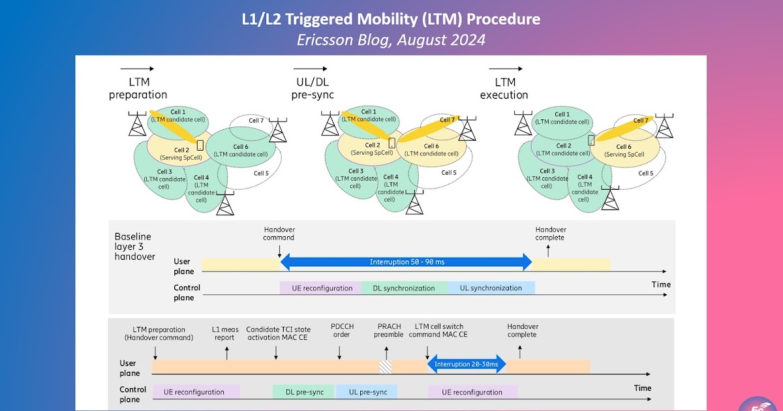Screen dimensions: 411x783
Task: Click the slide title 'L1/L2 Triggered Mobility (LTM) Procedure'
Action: pyautogui.click(x=391, y=19)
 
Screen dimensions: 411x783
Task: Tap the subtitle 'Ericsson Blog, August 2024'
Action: pyautogui.click(x=391, y=39)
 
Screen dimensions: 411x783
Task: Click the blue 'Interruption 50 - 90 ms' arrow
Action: pyautogui.click(x=406, y=262)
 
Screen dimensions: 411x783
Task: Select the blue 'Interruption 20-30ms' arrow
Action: pyautogui.click(x=467, y=364)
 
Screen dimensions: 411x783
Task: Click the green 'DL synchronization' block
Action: pyautogui.click(x=404, y=288)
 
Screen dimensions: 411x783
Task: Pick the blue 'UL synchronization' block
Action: pyautogui.click(x=491, y=288)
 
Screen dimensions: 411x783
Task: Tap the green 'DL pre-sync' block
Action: pyautogui.click(x=305, y=391)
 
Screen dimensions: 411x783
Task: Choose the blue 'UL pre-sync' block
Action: pyautogui.click(x=367, y=391)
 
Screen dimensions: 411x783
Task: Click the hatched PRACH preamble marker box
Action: pyautogui.click(x=386, y=367)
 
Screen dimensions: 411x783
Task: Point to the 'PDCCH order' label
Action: pyautogui.click(x=341, y=330)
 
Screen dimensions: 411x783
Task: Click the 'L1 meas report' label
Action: pyautogui.click(x=226, y=334)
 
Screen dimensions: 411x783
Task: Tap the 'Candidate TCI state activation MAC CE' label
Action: pyautogui.click(x=279, y=334)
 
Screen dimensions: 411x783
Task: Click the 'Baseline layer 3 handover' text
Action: pyautogui.click(x=135, y=246)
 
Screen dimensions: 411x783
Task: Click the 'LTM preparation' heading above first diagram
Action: pyautogui.click(x=138, y=88)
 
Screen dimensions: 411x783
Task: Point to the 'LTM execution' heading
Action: pyautogui.click(x=504, y=88)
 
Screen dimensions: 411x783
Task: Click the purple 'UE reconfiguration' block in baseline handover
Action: pyautogui.click(x=320, y=288)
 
